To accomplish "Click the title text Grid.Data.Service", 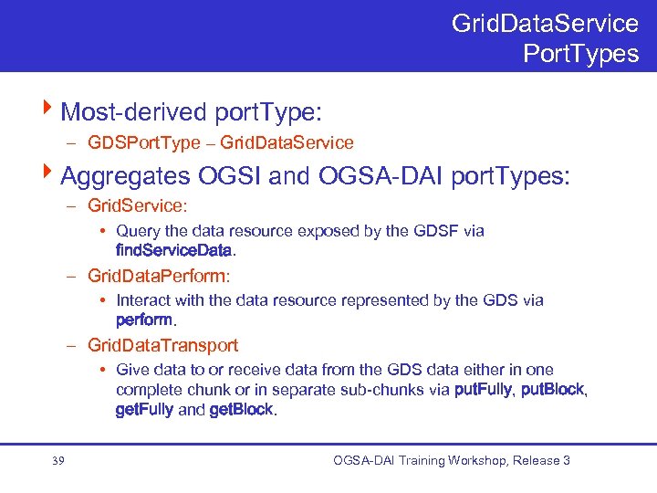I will [545, 22].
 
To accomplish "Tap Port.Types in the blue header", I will [580, 53].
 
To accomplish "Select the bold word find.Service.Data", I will [174, 248].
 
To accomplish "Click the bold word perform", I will [144, 319].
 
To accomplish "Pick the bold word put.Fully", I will [484, 391].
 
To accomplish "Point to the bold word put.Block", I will [551, 391].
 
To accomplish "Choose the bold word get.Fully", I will [144, 409].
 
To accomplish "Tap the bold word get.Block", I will [241, 409].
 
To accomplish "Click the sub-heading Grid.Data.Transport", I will [162, 345].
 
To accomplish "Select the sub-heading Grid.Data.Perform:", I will [159, 275].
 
